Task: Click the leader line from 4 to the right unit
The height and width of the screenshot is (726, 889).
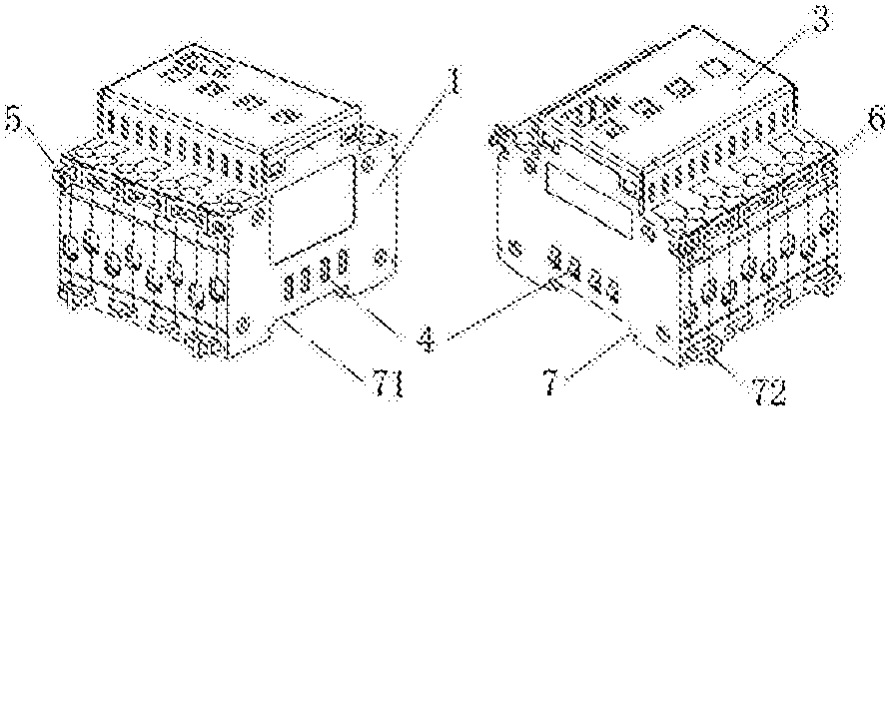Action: tap(494, 309)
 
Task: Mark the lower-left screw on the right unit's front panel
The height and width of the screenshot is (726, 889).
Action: tap(516, 247)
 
